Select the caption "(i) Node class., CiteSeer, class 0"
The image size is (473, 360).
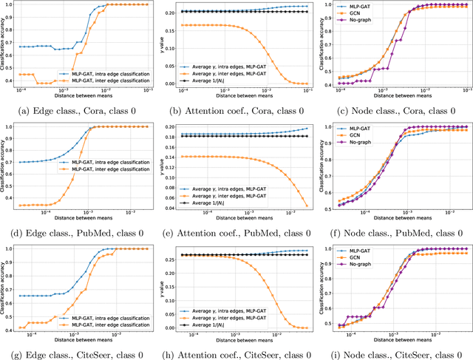(393, 352)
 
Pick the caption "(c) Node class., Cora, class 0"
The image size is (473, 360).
(393, 111)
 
